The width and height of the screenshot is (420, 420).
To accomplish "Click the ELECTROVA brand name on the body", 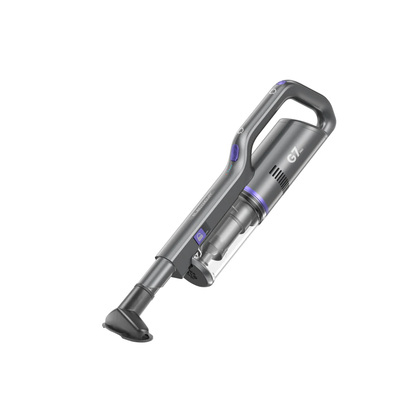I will (202, 206).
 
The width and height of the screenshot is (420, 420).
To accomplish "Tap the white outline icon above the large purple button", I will (241, 131).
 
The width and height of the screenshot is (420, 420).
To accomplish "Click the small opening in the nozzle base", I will (145, 335).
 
